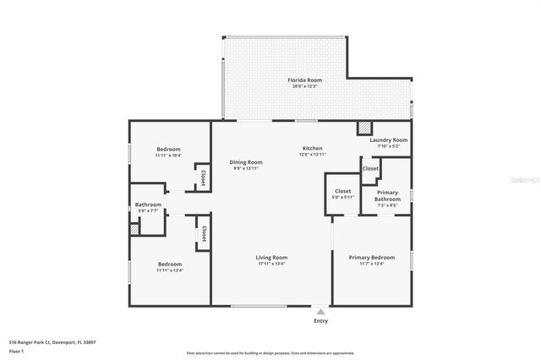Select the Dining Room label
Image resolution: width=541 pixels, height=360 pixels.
click(246, 161)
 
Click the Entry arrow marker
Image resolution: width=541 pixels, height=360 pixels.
click(320, 311)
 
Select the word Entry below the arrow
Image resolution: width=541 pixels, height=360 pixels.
click(320, 320)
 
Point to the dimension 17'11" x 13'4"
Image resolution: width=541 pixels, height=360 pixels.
click(272, 264)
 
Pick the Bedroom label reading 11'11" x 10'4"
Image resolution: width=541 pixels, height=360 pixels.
click(168, 155)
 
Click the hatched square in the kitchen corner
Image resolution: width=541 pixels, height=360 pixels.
click(363, 128)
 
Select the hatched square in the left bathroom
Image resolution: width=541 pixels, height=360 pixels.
click(134, 229)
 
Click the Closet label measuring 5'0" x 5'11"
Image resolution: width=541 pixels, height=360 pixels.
click(343, 192)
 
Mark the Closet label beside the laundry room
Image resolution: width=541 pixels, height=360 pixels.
click(370, 169)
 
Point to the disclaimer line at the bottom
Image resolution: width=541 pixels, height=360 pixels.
click(270, 352)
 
